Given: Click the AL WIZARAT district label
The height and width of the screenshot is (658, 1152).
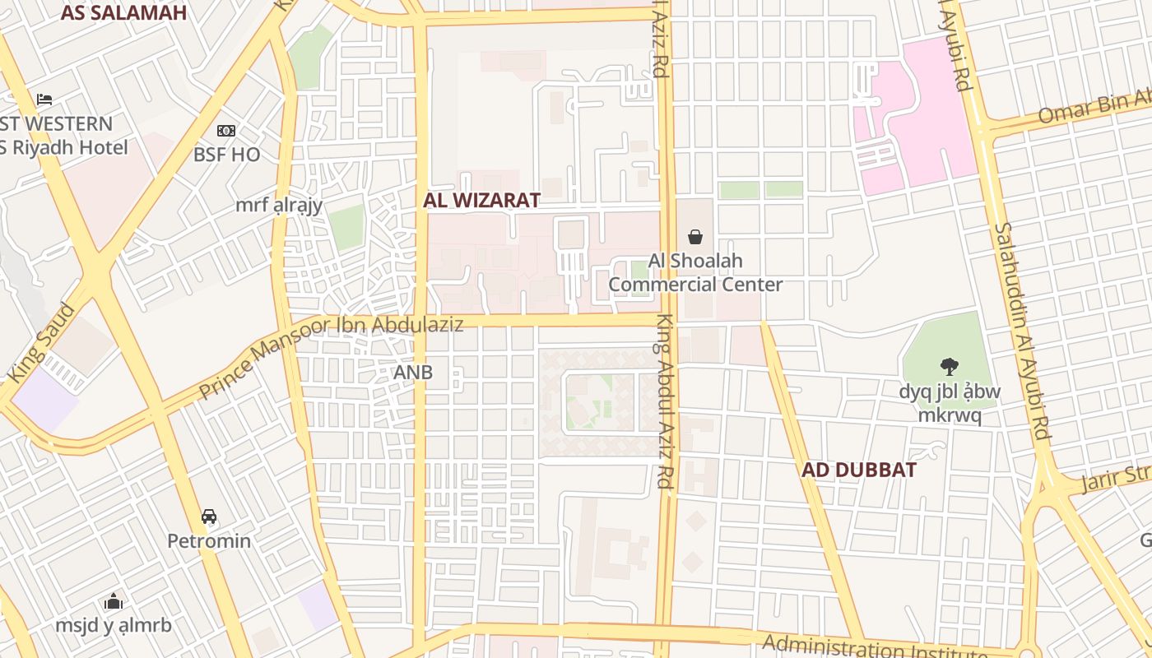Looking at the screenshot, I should (x=481, y=200).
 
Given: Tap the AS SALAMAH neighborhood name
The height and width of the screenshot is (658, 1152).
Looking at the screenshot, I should (x=123, y=12).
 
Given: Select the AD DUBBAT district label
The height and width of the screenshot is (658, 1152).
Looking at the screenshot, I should (x=859, y=470).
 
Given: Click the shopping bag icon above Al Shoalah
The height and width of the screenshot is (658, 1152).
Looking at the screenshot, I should (x=695, y=237).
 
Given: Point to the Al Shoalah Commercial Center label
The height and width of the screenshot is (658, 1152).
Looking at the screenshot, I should (x=695, y=273).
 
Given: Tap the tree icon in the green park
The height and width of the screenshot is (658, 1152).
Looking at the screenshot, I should (x=950, y=367).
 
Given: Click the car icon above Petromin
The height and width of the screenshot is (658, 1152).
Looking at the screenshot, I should (x=209, y=517).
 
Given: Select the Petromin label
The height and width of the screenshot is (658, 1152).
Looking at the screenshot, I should (x=209, y=541).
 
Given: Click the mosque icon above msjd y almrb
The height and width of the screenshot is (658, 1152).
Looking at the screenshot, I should (x=114, y=601).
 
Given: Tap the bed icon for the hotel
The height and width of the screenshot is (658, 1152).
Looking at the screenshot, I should (x=44, y=100).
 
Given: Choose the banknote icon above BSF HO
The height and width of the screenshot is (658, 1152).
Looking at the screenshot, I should (x=226, y=131).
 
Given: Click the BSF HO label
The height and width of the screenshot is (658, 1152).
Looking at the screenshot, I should (x=226, y=155).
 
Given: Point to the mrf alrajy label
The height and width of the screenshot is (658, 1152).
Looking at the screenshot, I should (x=279, y=206).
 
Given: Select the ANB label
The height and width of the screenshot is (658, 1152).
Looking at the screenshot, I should (x=413, y=373).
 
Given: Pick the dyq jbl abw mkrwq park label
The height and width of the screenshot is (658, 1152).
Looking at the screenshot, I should (x=950, y=403).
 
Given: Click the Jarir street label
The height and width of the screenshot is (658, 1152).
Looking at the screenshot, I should (x=1115, y=477).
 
